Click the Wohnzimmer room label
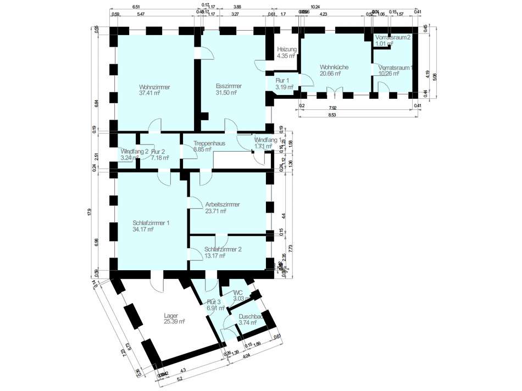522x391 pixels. pyautogui.click(x=154, y=87)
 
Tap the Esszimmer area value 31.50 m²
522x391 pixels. pyautogui.click(x=226, y=93)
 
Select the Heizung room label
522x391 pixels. pyautogui.click(x=287, y=49)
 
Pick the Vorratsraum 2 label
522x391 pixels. pyautogui.click(x=393, y=37)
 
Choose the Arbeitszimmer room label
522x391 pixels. pyautogui.click(x=222, y=204)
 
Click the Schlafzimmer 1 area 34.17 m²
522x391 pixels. pyautogui.click(x=143, y=230)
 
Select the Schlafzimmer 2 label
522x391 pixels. pyautogui.click(x=223, y=249)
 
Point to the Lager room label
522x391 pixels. pyautogui.click(x=171, y=316)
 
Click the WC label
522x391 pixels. pyautogui.click(x=238, y=293)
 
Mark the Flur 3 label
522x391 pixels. pyautogui.click(x=214, y=302)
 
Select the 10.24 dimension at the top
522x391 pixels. pyautogui.click(x=330, y=7)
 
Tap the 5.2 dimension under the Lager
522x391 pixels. pyautogui.click(x=180, y=379)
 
